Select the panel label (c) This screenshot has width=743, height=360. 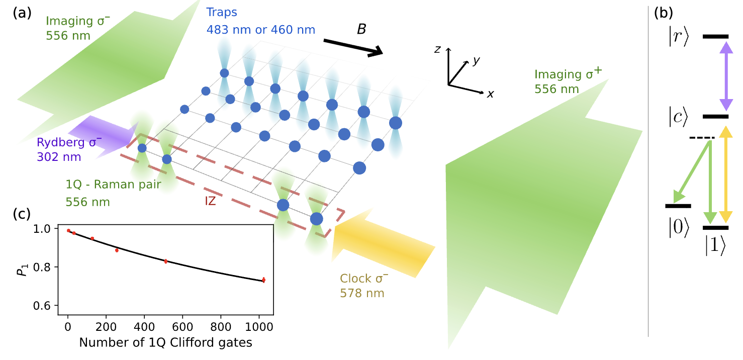pos(23,213)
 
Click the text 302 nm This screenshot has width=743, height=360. pos(58,157)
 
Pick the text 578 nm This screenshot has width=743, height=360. pos(362,293)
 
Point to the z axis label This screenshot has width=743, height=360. pos(438,49)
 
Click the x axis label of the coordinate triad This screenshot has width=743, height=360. pos(490,94)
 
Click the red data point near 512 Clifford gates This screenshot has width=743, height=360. pos(165,261)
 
